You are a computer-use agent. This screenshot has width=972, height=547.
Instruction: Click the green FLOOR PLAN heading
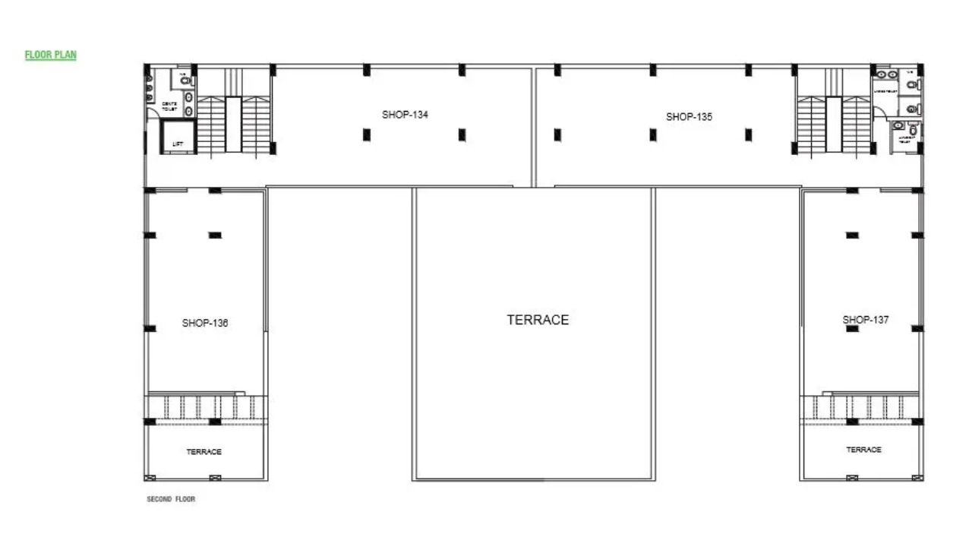coord(51,55)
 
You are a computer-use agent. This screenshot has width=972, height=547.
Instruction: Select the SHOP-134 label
coord(405,115)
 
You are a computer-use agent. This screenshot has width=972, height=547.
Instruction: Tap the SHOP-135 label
coord(689,117)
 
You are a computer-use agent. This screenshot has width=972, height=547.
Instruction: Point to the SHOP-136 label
coord(205,323)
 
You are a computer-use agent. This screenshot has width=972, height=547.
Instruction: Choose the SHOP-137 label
coord(866,320)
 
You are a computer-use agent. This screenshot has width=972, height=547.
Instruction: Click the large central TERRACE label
coord(538,320)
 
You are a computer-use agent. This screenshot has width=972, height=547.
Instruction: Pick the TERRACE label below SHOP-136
coord(204,452)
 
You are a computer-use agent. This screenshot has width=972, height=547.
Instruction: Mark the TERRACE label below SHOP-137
coord(864,450)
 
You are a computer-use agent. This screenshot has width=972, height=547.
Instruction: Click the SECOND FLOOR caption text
coord(171,499)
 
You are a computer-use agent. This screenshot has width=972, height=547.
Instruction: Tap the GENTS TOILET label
coord(169,106)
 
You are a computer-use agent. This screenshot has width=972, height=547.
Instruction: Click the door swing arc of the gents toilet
coord(154,112)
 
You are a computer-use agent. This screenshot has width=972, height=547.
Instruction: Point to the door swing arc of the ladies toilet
coord(879,111)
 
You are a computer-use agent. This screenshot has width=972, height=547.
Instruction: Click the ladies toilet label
coord(885,91)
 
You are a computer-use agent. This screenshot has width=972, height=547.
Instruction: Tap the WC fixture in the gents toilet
coord(185,79)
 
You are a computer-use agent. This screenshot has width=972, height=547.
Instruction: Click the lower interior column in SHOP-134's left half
coord(367,134)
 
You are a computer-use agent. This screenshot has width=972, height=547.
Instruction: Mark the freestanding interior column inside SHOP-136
coord(215,236)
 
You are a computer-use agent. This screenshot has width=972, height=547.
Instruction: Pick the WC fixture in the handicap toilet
coord(913,129)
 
